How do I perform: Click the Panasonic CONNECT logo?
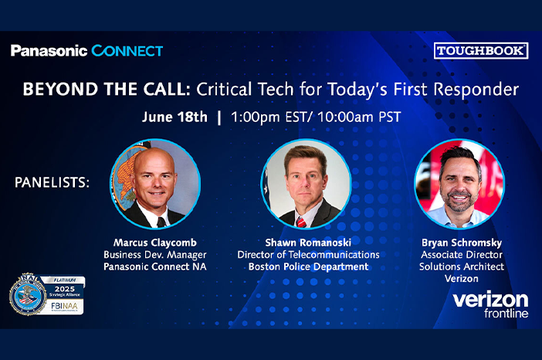coord(87,51)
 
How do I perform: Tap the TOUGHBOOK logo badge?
coord(481,51)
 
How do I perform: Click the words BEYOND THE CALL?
coord(106,89)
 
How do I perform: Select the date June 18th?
coord(175,117)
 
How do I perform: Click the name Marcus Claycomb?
coord(155,242)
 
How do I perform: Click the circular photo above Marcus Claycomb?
coord(155,184)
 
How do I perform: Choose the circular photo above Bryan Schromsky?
coord(459,184)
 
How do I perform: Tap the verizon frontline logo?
coord(490,304)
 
